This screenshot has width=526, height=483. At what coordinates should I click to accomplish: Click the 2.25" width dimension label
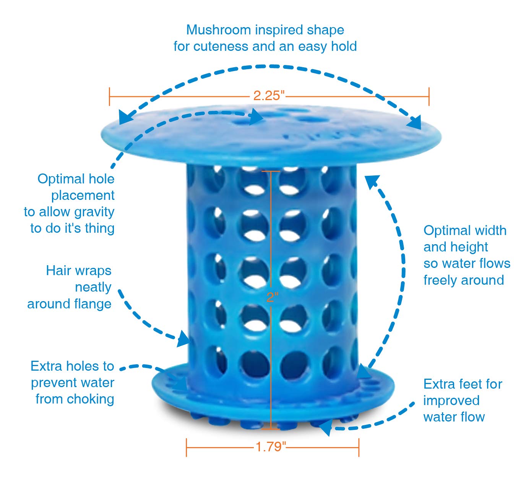pos(269,96)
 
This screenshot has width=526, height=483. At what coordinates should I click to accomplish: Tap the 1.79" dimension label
pos(271,446)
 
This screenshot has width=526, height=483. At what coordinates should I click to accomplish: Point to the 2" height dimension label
pos(272,297)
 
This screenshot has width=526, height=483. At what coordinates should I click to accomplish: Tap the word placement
pos(83,195)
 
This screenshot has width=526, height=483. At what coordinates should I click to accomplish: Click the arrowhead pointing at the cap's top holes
pos(257,116)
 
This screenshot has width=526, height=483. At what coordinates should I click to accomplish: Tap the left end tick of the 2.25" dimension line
pos(110,96)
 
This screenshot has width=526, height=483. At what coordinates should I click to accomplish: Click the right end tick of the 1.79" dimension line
pos(359,447)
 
